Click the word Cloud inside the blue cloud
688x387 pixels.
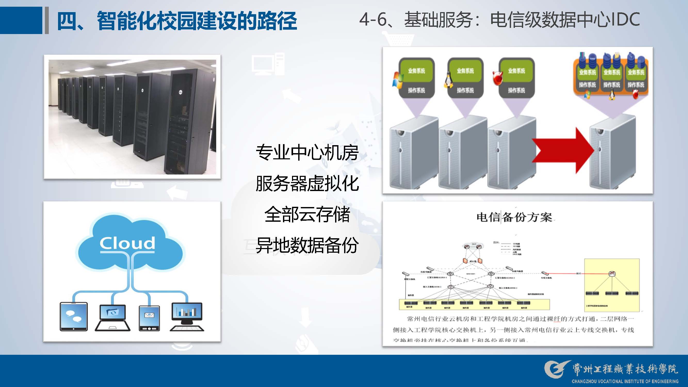pyautogui.click(x=127, y=243)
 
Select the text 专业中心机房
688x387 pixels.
pyautogui.click(x=307, y=153)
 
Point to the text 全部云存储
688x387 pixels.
pyautogui.click(x=307, y=214)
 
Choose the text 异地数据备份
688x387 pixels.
pyautogui.click(x=307, y=245)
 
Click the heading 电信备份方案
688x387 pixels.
pyautogui.click(x=514, y=217)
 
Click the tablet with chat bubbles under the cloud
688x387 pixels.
pyautogui.click(x=74, y=317)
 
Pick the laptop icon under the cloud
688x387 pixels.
pyautogui.click(x=113, y=318)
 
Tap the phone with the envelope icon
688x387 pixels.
pyautogui.click(x=149, y=318)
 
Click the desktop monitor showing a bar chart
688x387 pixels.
pyautogui.click(x=187, y=316)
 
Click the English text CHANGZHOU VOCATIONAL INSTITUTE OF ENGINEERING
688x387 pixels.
pyautogui.click(x=625, y=381)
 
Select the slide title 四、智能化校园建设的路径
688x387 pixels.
pyautogui.click(x=177, y=21)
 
